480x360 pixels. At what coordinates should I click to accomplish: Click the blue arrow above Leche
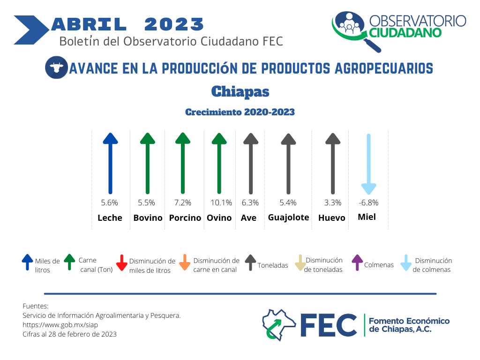point(111,163)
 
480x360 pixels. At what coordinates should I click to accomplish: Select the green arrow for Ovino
point(219,163)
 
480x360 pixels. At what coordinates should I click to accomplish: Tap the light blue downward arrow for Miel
point(368,164)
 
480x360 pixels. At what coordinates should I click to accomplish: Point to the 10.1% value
point(221,202)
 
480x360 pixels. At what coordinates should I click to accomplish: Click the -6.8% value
point(368,202)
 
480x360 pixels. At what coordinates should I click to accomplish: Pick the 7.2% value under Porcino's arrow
point(183,202)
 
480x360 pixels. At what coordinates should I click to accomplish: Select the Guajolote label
point(288,217)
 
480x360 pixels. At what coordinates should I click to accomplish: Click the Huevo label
point(331,218)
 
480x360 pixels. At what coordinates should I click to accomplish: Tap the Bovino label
point(148,218)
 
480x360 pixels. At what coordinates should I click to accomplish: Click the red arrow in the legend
point(122,262)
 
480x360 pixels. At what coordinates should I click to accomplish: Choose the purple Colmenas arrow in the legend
point(357,262)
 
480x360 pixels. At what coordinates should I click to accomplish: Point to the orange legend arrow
point(185,262)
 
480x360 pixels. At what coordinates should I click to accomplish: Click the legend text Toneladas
point(273,265)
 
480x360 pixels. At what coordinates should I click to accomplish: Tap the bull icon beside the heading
point(56,67)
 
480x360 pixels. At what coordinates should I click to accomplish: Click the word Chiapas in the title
point(240,91)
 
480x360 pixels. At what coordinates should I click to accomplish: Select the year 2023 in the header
point(174,24)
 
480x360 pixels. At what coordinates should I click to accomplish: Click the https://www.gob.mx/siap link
point(60,325)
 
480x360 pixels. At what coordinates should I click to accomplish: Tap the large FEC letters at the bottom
point(329,325)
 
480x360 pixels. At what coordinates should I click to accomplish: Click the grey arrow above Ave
point(251,164)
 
